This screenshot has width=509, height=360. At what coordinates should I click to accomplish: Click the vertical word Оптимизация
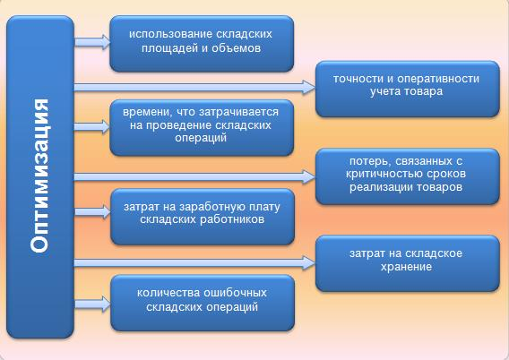tap(39, 176)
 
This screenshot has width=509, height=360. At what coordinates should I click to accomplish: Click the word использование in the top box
tap(170, 34)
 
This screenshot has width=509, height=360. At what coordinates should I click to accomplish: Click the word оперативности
tap(438, 79)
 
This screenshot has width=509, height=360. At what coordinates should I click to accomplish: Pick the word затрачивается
tap(238, 112)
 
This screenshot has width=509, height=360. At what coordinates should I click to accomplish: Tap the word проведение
tap(179, 125)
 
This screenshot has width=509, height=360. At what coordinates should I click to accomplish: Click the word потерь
tap(368, 161)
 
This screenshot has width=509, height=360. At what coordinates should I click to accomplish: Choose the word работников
tap(232, 219)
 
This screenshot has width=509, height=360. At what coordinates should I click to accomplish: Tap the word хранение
tap(406, 267)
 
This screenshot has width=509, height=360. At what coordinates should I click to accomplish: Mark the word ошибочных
tap(235, 293)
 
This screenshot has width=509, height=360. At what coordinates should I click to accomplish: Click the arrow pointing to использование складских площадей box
tap(92, 42)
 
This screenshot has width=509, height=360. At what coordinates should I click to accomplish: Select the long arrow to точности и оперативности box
tap(194, 87)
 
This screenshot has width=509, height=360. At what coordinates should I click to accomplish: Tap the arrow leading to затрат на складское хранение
tap(194, 262)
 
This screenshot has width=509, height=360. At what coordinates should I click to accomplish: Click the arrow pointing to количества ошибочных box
tap(93, 304)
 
